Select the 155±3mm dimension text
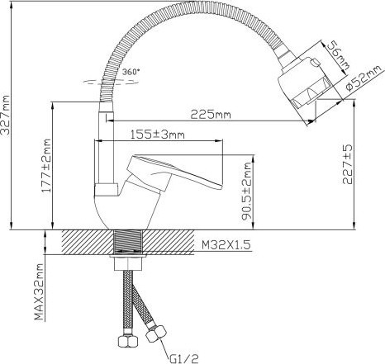click(158, 134)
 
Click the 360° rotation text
click(129, 72)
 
